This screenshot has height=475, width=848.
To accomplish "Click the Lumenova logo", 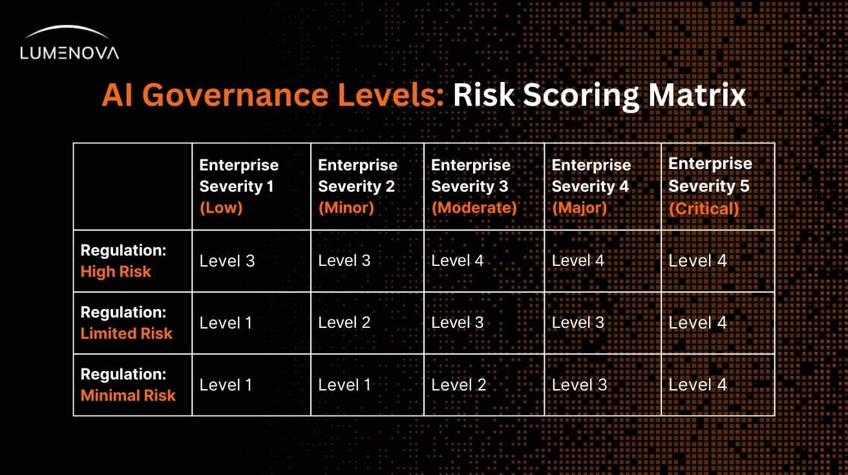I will coord(69,44).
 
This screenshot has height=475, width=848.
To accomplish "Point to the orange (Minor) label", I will coord(346,208).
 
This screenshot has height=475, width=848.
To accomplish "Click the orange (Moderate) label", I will coord(474,208).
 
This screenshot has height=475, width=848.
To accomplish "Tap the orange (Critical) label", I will coord(703,208).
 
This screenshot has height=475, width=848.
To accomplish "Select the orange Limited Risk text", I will coord(126,333).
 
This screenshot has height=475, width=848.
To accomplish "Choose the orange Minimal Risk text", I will coord(128,395).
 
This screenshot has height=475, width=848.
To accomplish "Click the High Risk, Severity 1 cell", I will coord(227,261).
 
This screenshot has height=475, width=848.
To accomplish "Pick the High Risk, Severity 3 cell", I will coord(457,261).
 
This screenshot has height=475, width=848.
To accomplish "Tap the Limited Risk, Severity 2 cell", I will coord(344,323).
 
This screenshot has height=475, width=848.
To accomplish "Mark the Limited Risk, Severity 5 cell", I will coord(697,323).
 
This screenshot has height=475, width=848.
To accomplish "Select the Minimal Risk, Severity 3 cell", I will coord(458,385).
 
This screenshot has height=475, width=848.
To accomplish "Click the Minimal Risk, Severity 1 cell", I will coord(226,385).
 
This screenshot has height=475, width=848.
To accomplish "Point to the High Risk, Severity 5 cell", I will coord(697,261).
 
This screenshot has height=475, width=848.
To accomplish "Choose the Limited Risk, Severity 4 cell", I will coord(578,323).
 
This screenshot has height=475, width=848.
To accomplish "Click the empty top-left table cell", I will coord(132,187).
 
